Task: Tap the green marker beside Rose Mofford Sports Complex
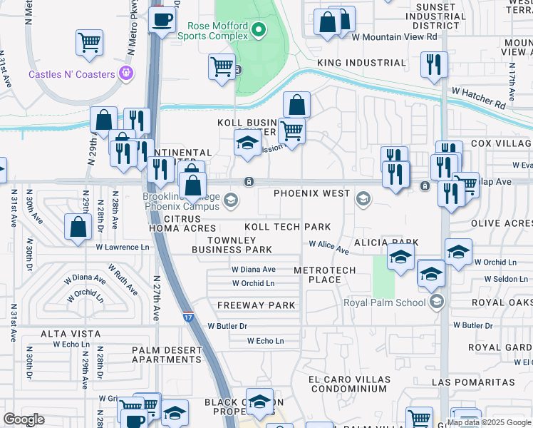tap(259, 30)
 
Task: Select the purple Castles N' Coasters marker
tap(127, 72)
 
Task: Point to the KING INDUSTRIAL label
tap(361, 63)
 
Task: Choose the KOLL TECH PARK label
tap(287, 227)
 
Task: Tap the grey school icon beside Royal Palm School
tap(438, 302)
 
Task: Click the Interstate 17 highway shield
tap(187, 315)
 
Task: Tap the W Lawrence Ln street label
tap(123, 248)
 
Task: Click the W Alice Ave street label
tap(328, 247)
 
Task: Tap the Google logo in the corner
tap(24, 419)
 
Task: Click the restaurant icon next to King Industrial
tap(434, 65)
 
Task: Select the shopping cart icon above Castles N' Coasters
tap(89, 43)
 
